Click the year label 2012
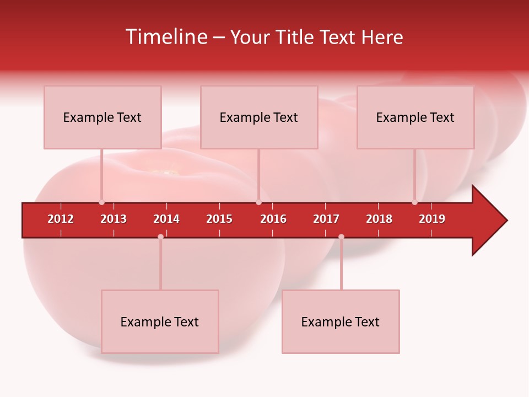pos(61,219)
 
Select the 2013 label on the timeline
pos(114,219)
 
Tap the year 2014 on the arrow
pos(166,219)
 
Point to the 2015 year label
pos(219,219)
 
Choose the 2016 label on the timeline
pos(273,219)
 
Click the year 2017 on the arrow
pos(326,219)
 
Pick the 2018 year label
pos(379,219)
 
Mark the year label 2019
pos(432,219)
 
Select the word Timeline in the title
pos(165,37)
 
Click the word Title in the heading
pos(295,37)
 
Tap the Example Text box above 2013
pos(102,117)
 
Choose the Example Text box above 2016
pos(259,117)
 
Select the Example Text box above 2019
pos(415,117)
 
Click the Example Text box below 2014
pos(160,321)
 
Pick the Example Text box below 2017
pos(341,321)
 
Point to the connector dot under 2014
pos(160,237)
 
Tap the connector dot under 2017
pos(341,237)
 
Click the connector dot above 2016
pos(258,202)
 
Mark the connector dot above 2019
pos(414,202)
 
